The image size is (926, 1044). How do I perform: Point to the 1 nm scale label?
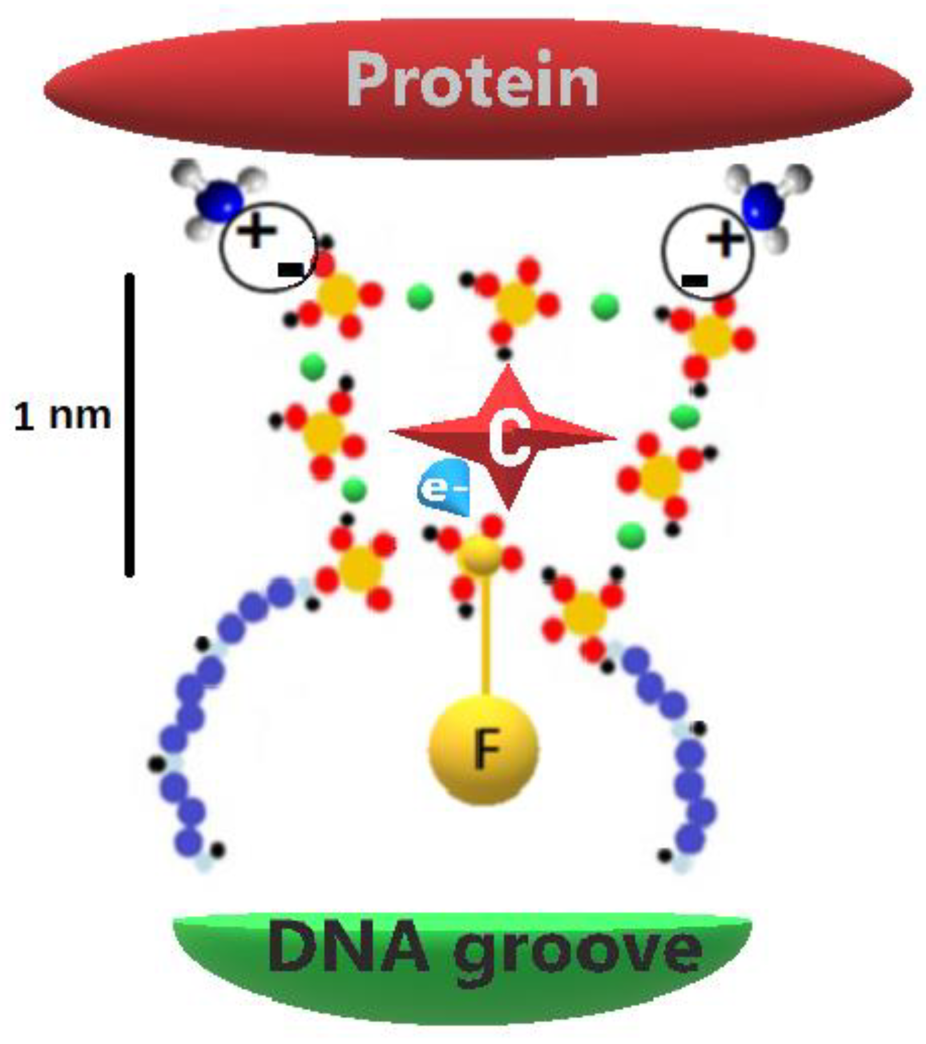pyautogui.click(x=62, y=416)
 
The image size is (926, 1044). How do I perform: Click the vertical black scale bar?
pyautogui.click(x=130, y=424)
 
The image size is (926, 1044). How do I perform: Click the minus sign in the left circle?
pyautogui.click(x=291, y=269)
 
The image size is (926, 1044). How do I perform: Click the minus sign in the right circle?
pyautogui.click(x=694, y=279)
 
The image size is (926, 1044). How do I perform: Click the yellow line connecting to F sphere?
pyautogui.click(x=484, y=638)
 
